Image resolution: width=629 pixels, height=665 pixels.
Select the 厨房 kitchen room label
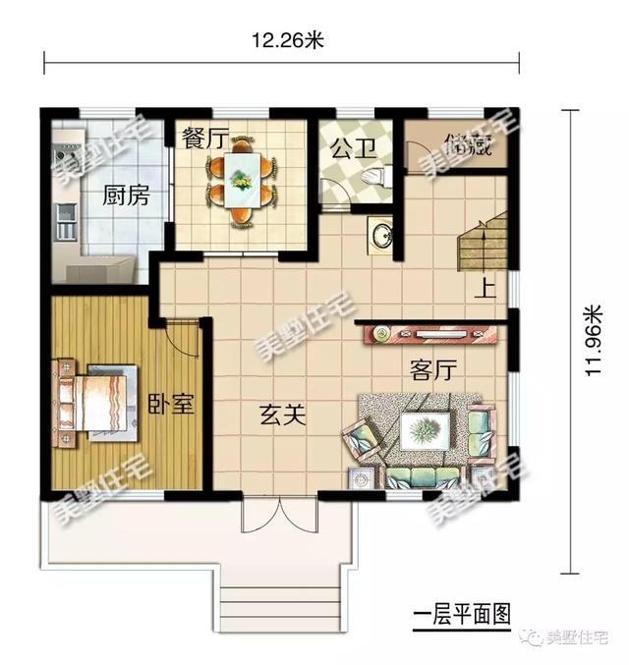(127, 195)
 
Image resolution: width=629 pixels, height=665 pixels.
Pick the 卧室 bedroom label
(169, 404)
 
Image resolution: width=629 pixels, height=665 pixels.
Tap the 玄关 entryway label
(282, 416)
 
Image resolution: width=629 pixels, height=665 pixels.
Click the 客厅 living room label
(433, 369)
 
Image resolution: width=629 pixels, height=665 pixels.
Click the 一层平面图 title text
(463, 615)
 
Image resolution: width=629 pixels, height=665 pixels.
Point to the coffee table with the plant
(425, 429)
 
